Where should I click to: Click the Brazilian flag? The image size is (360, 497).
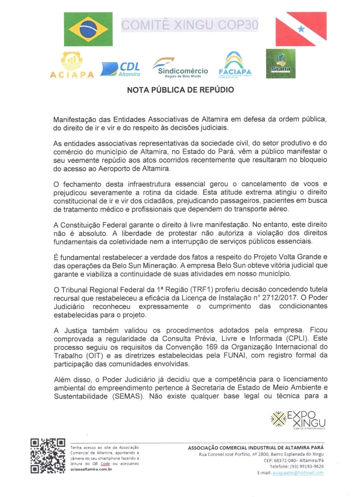click(88, 29)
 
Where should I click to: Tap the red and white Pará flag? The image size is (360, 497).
click(301, 29)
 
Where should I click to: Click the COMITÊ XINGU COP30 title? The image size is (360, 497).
click(190, 25)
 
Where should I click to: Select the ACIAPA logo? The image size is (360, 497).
click(72, 66)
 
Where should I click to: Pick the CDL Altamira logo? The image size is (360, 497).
click(120, 69)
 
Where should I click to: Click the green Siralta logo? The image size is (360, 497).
click(280, 64)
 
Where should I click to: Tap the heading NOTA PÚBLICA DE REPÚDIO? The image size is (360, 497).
click(181, 90)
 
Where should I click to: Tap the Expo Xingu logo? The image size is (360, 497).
click(298, 419)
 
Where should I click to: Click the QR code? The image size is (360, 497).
click(48, 456)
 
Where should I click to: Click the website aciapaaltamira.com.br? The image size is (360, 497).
click(91, 469)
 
